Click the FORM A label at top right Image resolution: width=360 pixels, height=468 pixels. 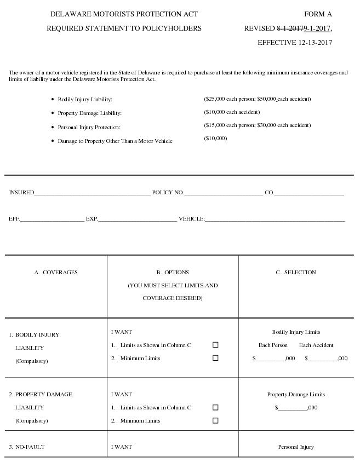tap(318, 14)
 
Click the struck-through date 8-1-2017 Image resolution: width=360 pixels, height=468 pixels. tap(289, 28)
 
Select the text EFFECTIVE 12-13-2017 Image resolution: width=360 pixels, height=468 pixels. tap(294, 42)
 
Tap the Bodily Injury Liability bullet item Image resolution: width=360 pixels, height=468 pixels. tap(85, 100)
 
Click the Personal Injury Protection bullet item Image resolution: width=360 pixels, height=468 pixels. tap(89, 128)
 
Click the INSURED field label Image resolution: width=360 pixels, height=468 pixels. tap(21, 193)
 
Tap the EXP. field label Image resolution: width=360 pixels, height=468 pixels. tap(92, 219)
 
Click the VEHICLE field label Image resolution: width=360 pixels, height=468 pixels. tap(191, 219)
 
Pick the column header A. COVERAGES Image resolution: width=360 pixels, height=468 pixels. tap(56, 273)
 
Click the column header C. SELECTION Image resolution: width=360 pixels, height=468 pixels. tap(296, 273)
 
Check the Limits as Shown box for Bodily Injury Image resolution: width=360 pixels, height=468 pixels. tap(215, 345)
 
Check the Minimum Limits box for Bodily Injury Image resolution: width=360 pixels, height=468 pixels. tap(215, 359)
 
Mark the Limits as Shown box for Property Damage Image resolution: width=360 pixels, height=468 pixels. tap(215, 408)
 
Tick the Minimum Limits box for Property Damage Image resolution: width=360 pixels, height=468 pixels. tap(215, 421)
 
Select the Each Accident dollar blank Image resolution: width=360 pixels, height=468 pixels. tap(323, 360)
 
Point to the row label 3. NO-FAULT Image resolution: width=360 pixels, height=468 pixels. tap(27, 447)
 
